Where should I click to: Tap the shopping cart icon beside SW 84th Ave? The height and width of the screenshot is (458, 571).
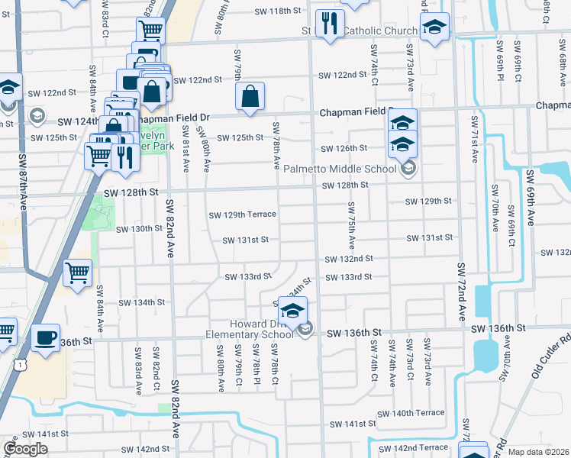[x=77, y=273]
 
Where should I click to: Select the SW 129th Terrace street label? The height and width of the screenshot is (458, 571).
[x=242, y=214]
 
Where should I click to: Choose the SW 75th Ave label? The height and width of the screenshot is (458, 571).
[x=352, y=225]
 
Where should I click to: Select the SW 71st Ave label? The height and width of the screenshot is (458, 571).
[x=474, y=140]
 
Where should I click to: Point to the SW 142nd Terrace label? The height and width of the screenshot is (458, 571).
[x=412, y=447]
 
